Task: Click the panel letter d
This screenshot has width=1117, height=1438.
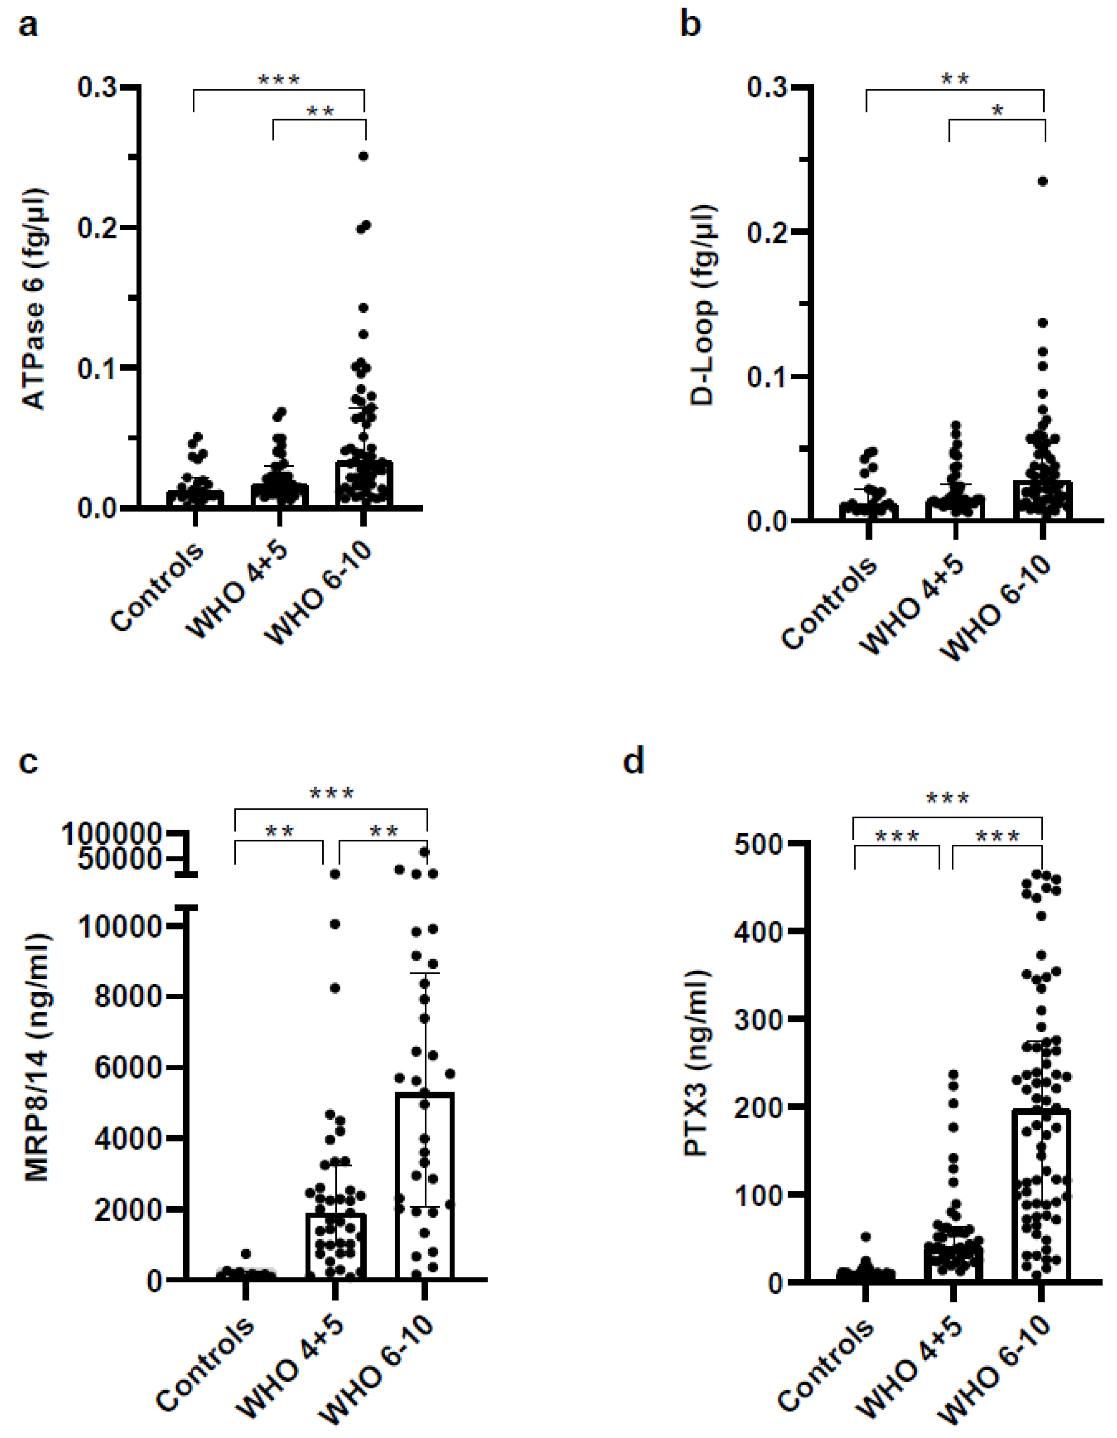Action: click(x=634, y=762)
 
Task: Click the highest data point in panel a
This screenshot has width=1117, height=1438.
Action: click(x=363, y=156)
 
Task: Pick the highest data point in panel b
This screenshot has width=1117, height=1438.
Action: click(x=1043, y=181)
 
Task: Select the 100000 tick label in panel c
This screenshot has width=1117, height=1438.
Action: click(x=111, y=834)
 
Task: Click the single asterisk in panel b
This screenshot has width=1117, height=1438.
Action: click(x=997, y=110)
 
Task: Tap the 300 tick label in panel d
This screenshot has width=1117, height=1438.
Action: click(x=766, y=1019)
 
